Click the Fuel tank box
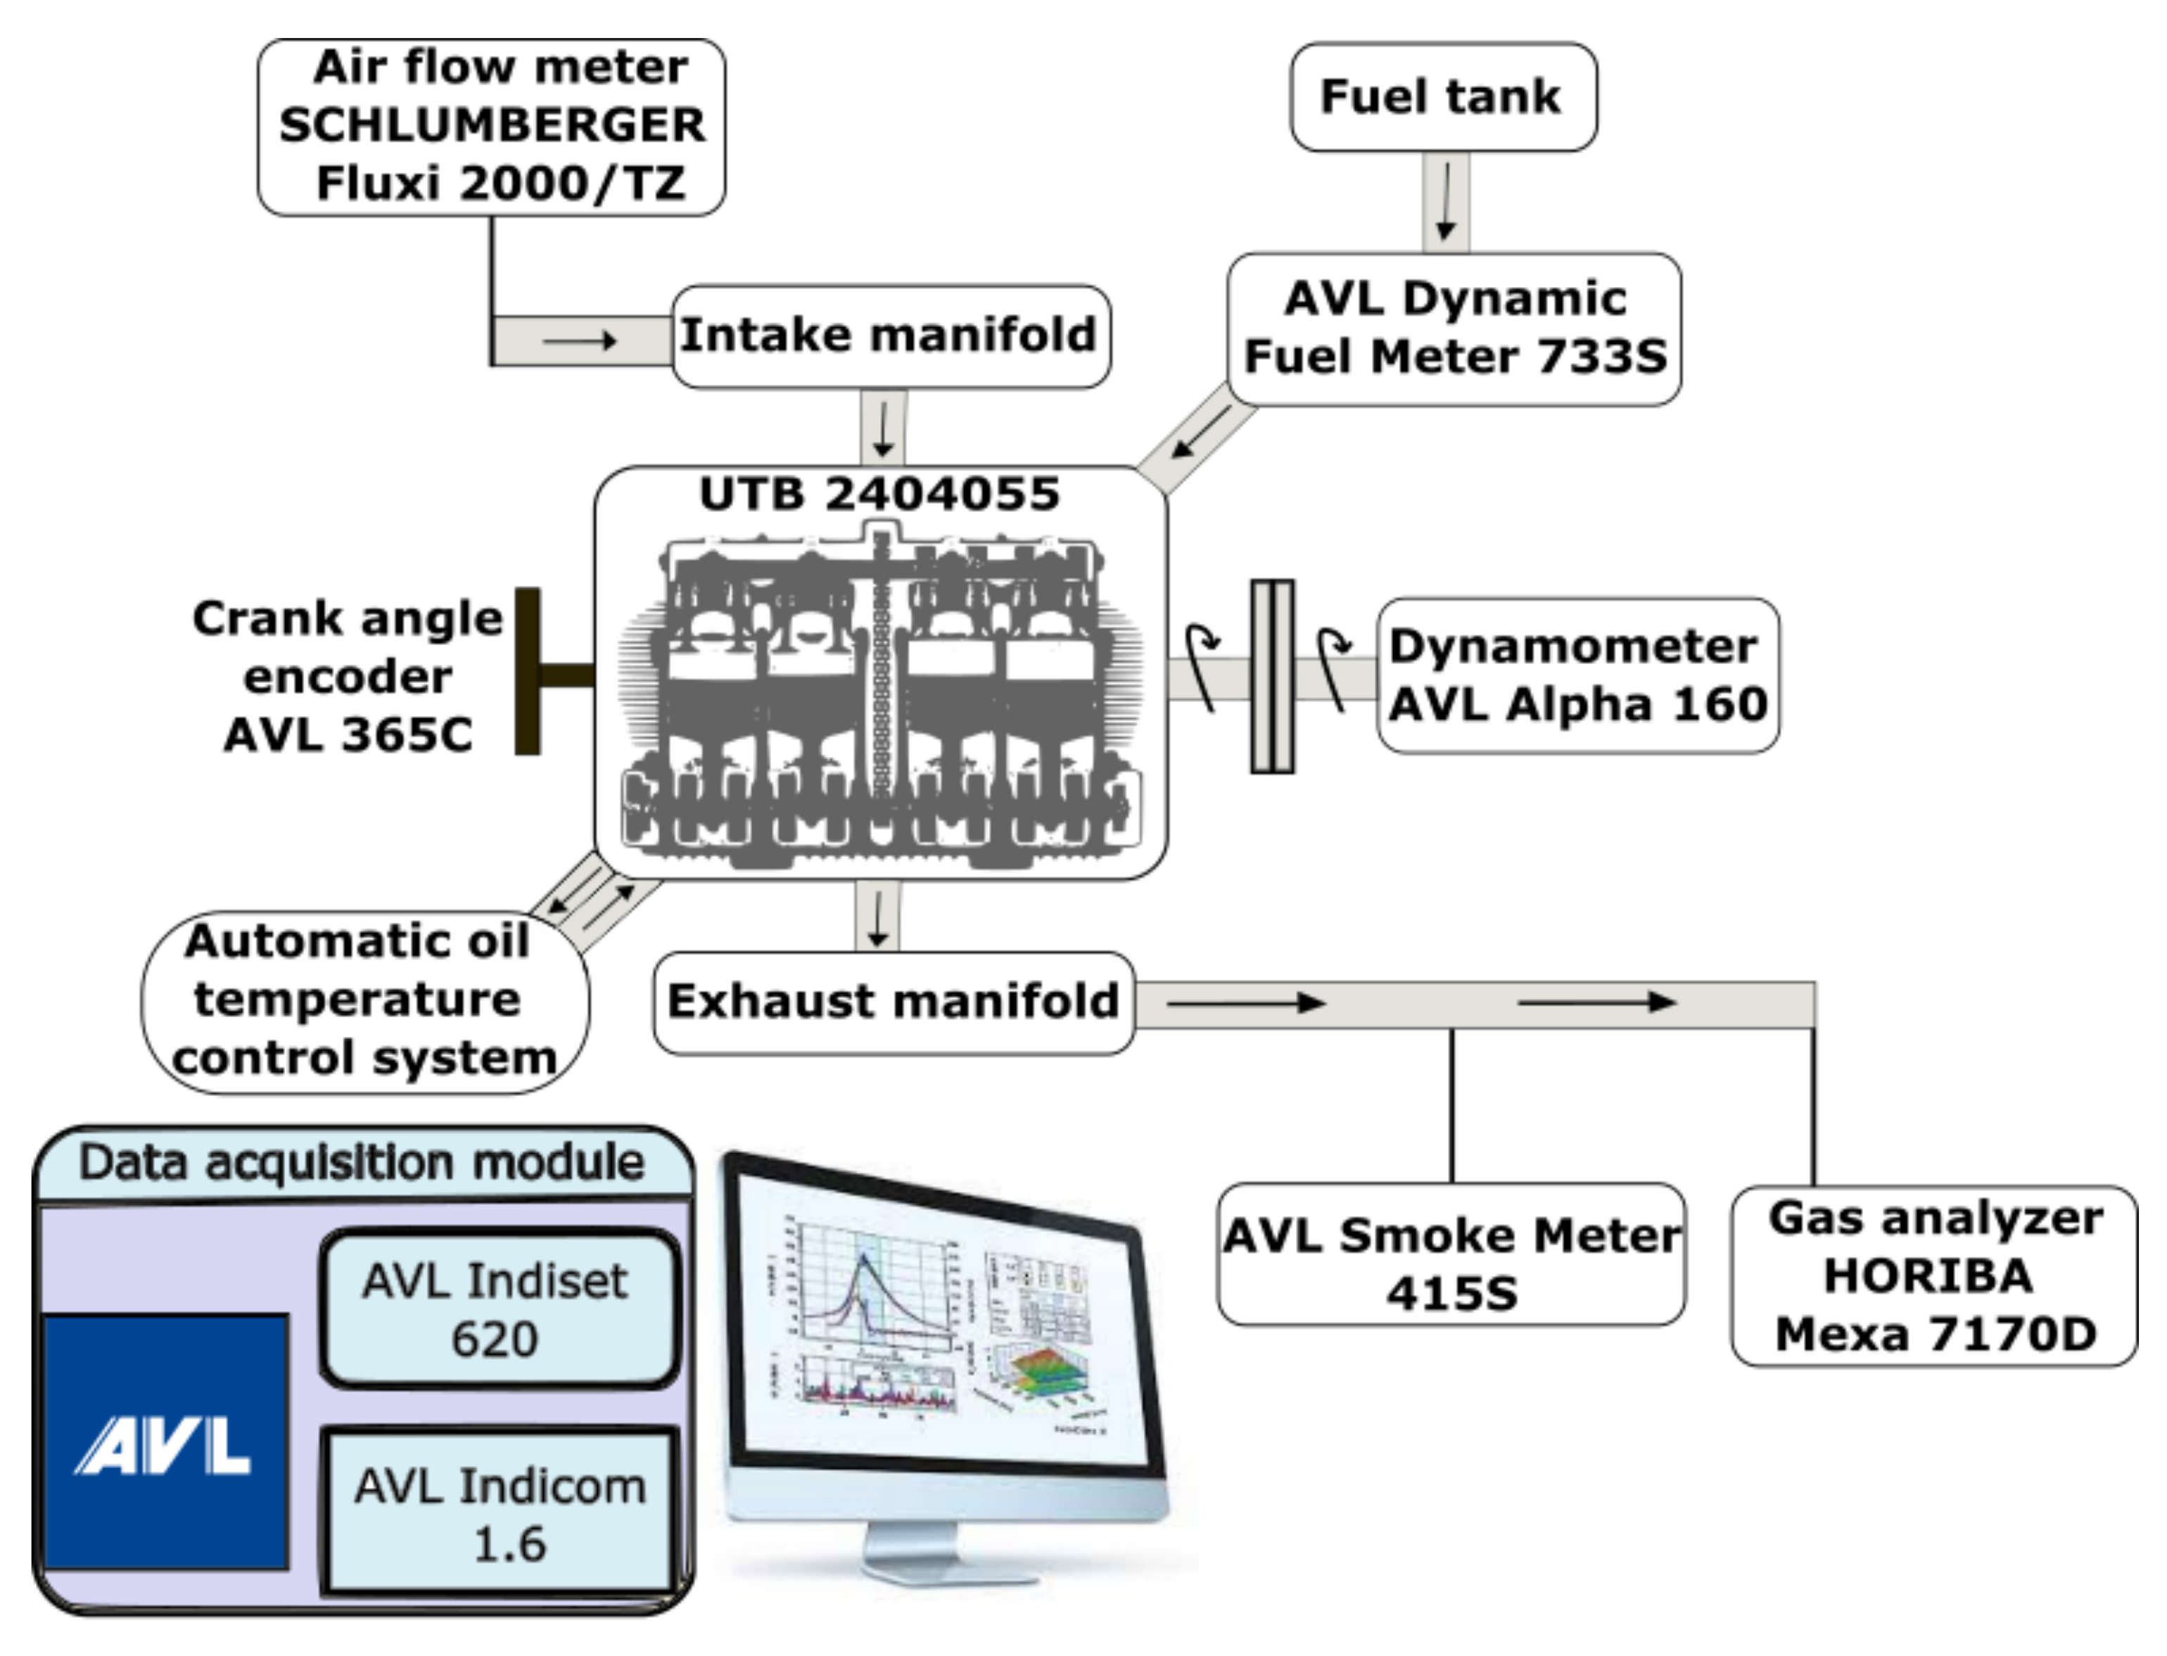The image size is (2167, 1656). coord(1442,96)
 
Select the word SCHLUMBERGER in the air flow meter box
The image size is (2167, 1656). coord(491,125)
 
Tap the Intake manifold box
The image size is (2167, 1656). coord(889,335)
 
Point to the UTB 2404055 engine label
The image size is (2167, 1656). coord(879,493)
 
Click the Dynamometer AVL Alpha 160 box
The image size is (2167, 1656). coord(1577,675)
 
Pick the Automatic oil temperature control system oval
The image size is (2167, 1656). coord(364,1000)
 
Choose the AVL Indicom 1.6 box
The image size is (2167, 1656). coord(500,1513)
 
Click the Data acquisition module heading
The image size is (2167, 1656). coord(361,1162)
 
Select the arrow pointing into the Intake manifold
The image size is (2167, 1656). coord(580,341)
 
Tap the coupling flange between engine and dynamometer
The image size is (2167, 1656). coord(1272,676)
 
